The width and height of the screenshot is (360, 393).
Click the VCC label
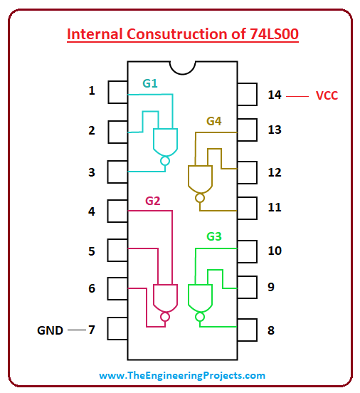tap(327, 95)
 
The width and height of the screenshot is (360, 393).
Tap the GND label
tap(50, 330)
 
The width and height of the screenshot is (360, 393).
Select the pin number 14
tap(275, 95)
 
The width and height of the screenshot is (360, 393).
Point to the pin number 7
tap(92, 330)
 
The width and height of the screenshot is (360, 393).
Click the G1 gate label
tap(150, 83)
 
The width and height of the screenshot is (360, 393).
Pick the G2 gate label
tap(152, 201)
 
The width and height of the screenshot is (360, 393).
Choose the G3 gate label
tap(214, 236)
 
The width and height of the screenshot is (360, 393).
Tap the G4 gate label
tap(214, 121)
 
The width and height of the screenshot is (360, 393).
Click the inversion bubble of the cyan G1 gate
tap(165, 161)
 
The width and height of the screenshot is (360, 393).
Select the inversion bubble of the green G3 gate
tap(200, 317)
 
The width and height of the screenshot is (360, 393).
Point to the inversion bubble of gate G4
tap(200, 198)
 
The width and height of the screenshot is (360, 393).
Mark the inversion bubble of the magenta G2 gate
tap(165, 317)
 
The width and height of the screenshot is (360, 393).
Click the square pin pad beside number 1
tap(117, 92)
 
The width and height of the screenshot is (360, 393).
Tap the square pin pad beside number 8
tap(248, 330)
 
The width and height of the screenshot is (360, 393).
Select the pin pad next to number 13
tap(248, 130)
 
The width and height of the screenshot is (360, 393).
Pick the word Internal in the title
tap(95, 34)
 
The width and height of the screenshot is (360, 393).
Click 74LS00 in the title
tap(274, 34)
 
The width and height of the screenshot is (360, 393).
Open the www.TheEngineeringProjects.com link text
tap(182, 375)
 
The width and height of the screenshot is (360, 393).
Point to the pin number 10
tap(275, 251)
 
